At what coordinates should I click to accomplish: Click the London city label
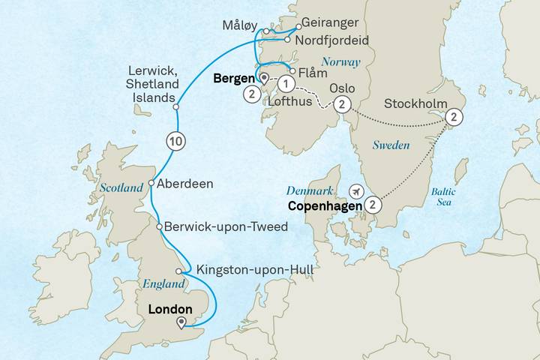[x=171, y=307]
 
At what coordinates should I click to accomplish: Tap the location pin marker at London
[x=181, y=323]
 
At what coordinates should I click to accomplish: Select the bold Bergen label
[x=234, y=78]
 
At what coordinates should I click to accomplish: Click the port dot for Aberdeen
[x=151, y=183]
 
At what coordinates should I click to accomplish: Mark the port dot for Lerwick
[x=176, y=107]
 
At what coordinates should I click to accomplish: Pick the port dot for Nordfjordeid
[x=286, y=39]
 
